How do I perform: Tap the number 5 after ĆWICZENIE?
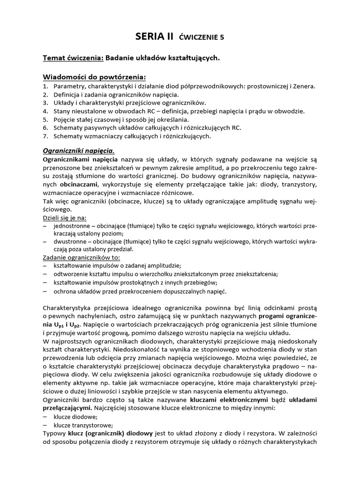[222, 37]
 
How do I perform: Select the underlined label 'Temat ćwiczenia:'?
[73, 58]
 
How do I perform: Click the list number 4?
[45, 112]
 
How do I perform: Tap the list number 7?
[45, 136]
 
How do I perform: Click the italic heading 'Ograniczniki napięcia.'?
[79, 151]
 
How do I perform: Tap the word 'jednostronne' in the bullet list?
[72, 226]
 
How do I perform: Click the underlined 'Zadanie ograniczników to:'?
[81, 258]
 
